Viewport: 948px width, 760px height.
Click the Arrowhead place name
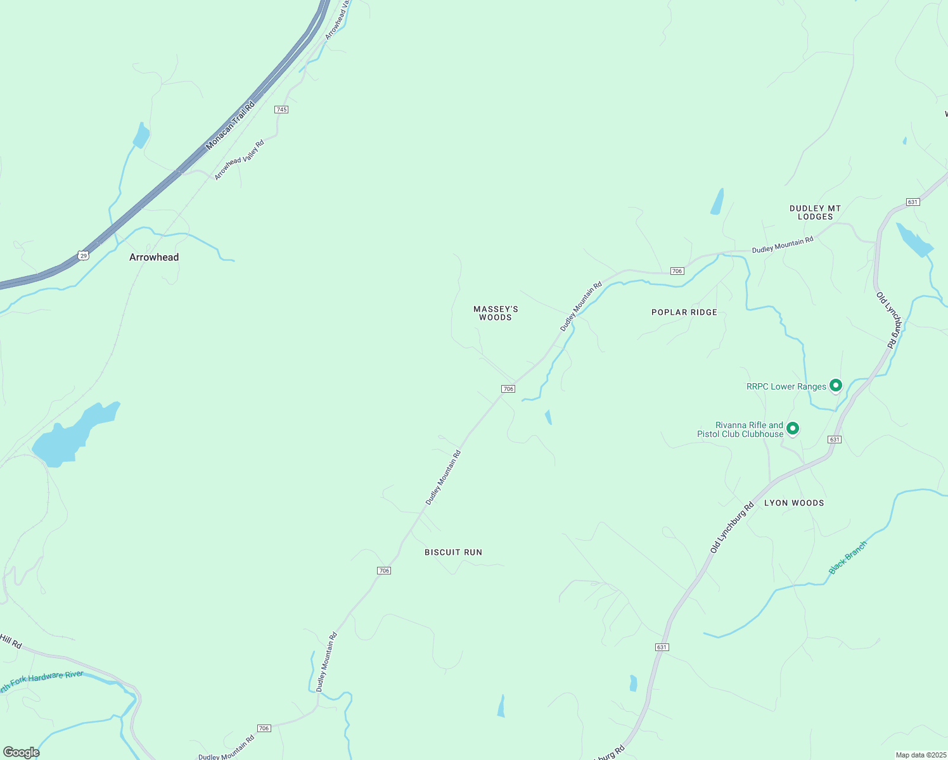[154, 257]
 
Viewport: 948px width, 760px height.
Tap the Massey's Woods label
[496, 313]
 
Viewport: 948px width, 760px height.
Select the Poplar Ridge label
[684, 312]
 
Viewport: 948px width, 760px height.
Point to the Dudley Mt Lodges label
[815, 212]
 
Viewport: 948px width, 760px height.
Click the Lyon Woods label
[794, 503]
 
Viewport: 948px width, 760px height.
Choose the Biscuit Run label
[453, 552]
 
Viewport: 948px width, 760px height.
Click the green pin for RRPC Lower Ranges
[836, 385]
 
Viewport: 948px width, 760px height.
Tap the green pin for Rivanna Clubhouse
[792, 429]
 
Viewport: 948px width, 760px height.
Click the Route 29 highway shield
[84, 255]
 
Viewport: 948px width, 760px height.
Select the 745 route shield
[281, 110]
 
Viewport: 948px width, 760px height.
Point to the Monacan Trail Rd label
[230, 125]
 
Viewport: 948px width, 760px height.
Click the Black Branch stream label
[847, 558]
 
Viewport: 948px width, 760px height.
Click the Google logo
[21, 752]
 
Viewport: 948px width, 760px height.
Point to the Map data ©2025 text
[920, 755]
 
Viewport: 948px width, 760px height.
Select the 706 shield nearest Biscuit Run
[383, 571]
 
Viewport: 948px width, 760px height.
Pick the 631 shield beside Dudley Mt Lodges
[913, 202]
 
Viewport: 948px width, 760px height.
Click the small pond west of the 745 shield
[141, 136]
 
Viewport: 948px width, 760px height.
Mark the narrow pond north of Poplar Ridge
[717, 202]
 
